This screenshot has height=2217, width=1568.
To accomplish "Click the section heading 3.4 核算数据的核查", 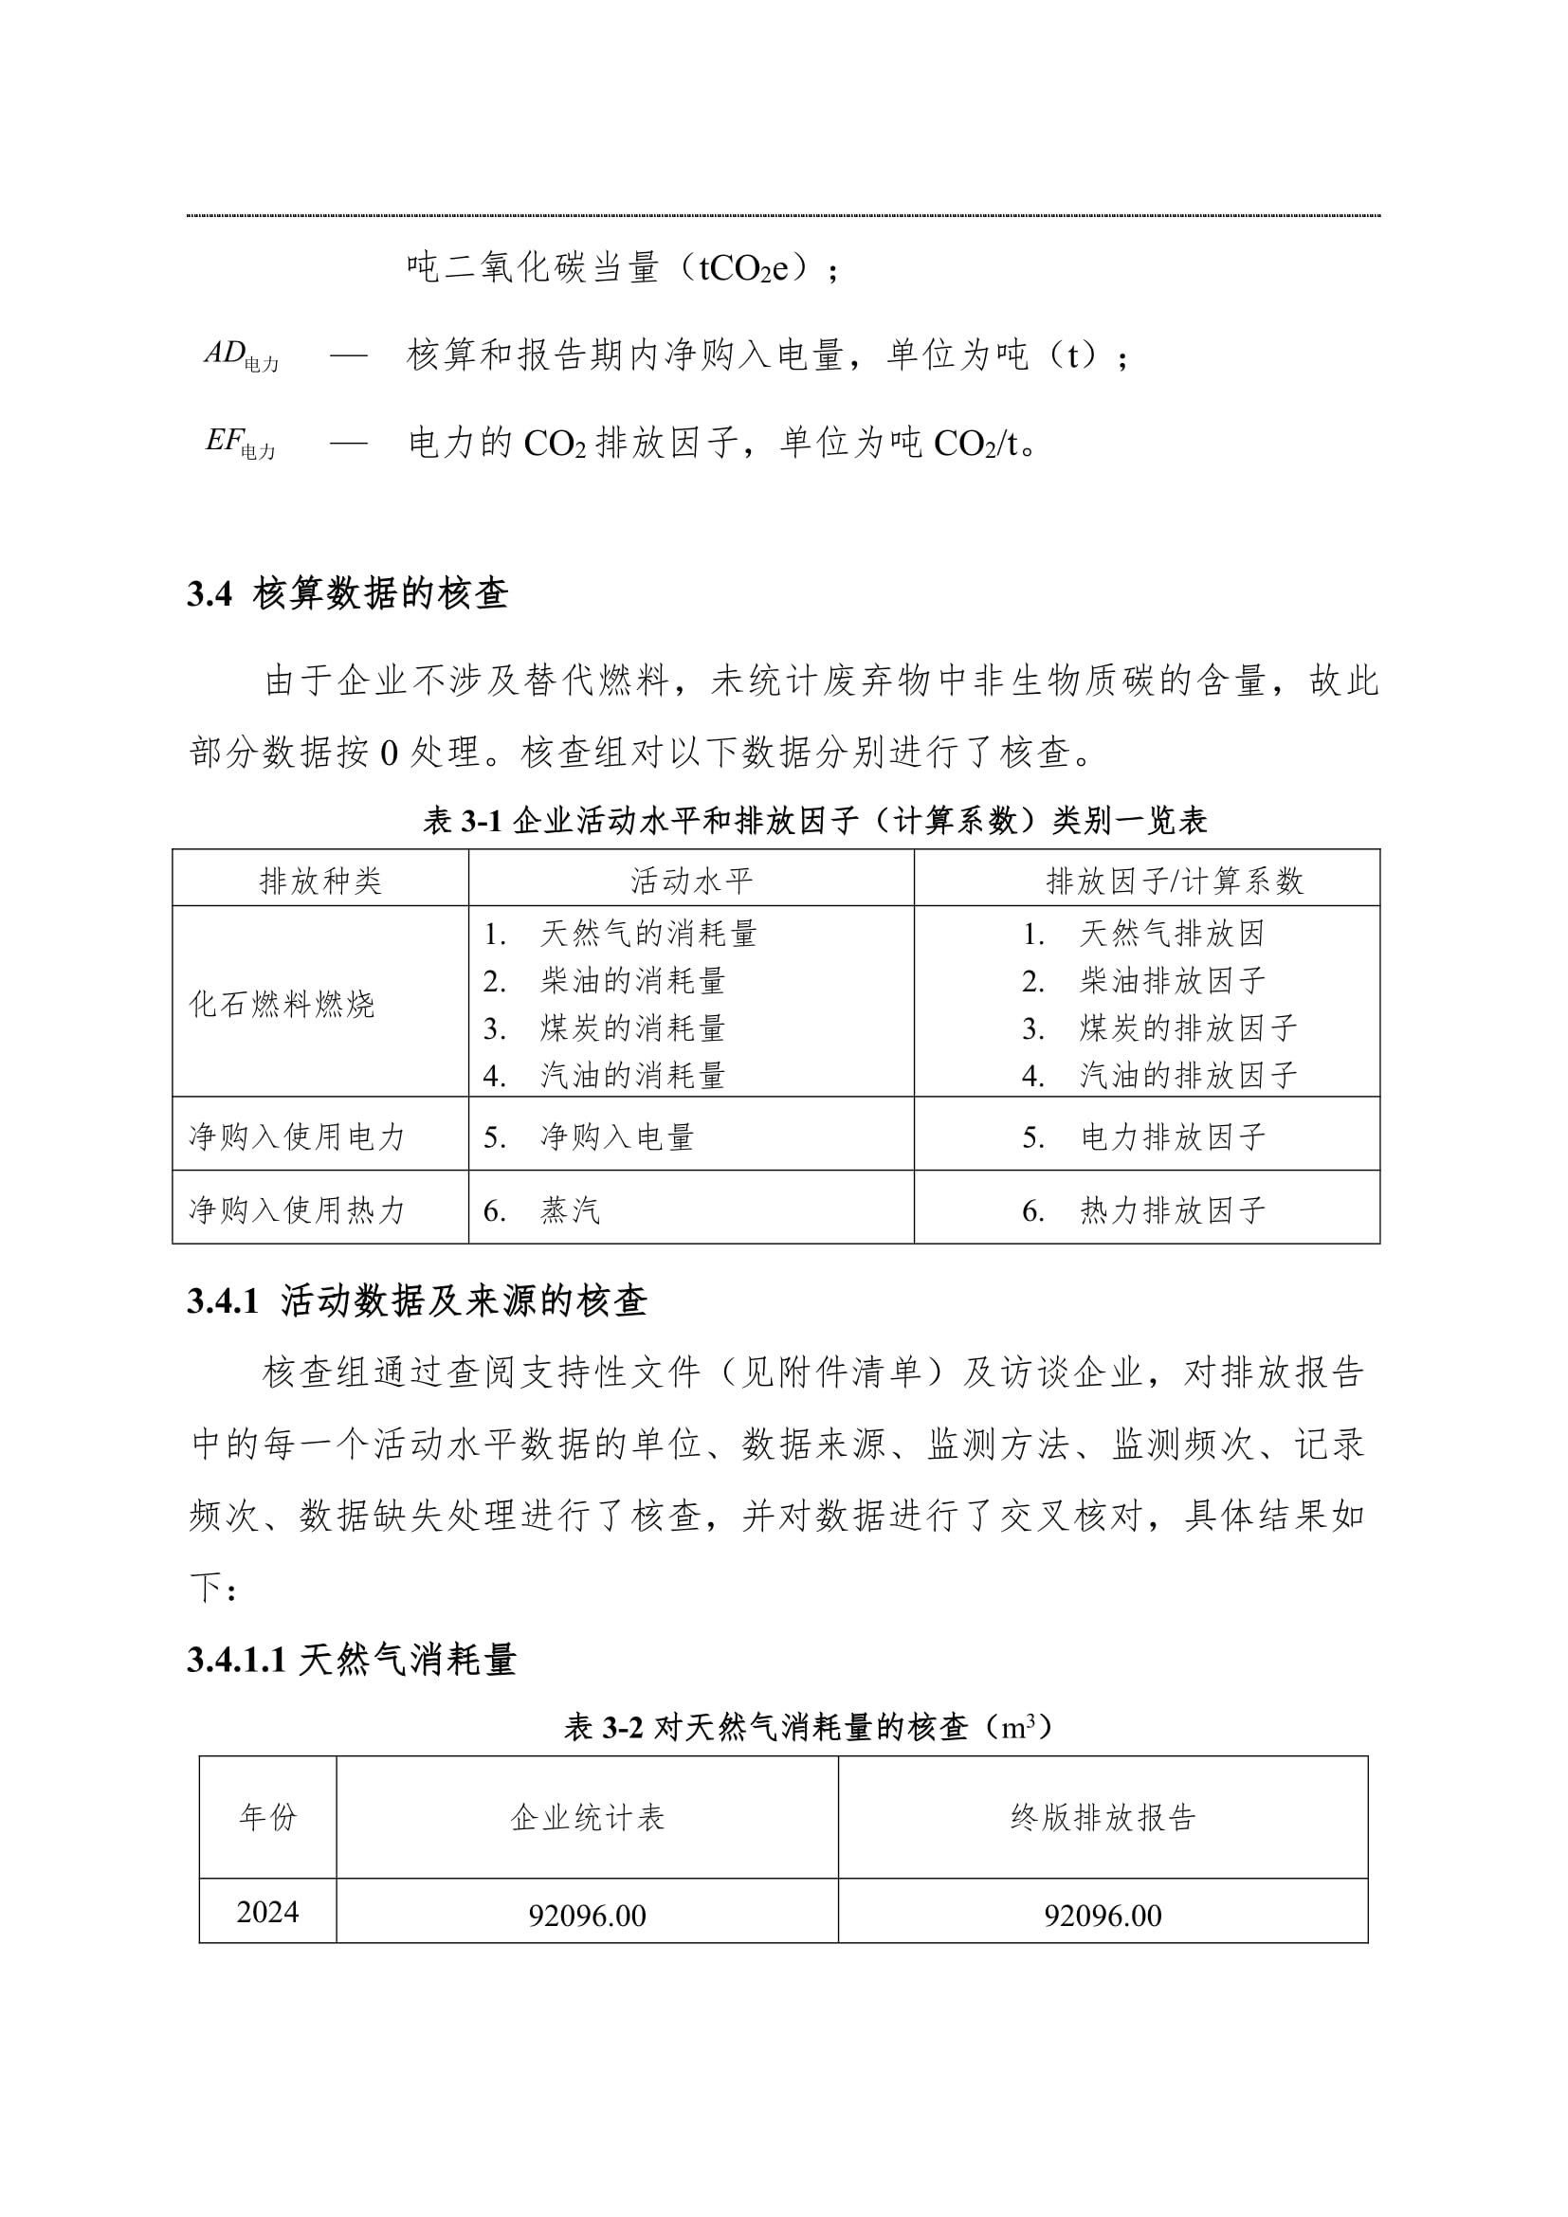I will click(x=348, y=594).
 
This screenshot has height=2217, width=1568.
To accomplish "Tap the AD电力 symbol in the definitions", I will click(x=242, y=355).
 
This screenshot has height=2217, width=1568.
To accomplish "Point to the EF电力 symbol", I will click(x=241, y=443).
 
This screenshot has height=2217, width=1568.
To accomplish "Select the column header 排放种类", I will click(x=320, y=880).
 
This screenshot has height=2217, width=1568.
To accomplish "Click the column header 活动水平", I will click(x=691, y=880).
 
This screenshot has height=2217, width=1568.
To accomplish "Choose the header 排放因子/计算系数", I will click(x=1174, y=880).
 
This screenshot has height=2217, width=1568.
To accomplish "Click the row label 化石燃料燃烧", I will click(x=281, y=1003).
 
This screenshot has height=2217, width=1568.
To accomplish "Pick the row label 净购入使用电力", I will click(x=297, y=1136).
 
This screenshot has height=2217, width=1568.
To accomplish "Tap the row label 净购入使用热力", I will click(x=297, y=1208).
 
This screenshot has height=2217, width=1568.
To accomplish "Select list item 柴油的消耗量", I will click(x=632, y=981).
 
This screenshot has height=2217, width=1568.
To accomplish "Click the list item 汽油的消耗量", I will click(x=632, y=1075).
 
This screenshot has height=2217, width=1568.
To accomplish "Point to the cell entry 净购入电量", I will click(x=617, y=1136).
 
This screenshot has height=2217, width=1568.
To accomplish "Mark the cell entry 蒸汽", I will click(x=570, y=1209).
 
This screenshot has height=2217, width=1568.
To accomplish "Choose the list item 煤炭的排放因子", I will click(x=1188, y=1028).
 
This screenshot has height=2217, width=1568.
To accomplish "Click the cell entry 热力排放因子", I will click(x=1172, y=1209).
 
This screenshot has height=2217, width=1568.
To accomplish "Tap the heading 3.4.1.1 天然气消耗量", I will click(x=353, y=1660).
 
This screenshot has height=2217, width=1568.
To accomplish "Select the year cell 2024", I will click(x=267, y=1912).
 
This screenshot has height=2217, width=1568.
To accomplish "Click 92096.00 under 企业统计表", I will click(x=587, y=1915).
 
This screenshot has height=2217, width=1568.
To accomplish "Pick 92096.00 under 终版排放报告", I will click(x=1103, y=1915).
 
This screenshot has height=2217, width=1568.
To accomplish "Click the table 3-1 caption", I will click(x=815, y=821).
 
